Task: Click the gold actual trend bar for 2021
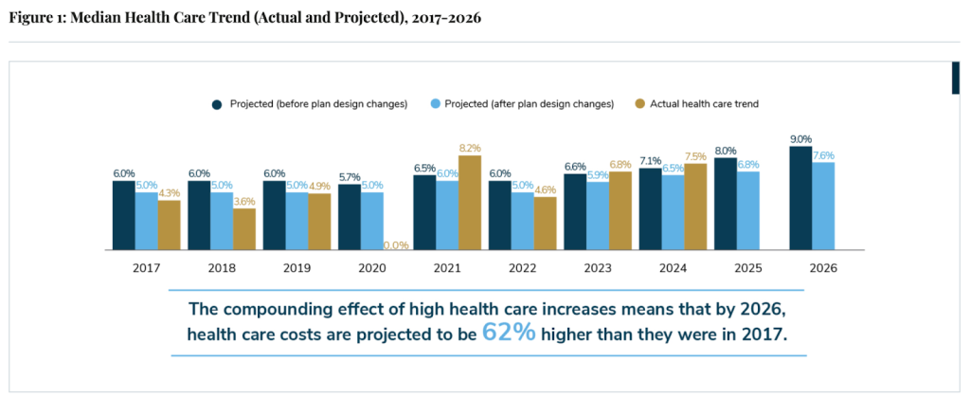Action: click(x=470, y=203)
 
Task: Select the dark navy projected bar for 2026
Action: click(x=800, y=198)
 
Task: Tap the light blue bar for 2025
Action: click(x=748, y=210)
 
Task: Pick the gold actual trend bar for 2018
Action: click(x=244, y=228)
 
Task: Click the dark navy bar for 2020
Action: click(x=350, y=217)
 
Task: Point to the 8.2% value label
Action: click(x=470, y=148)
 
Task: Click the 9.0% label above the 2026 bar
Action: click(x=800, y=138)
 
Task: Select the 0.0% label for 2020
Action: click(x=395, y=245)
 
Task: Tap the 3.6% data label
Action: click(x=244, y=201)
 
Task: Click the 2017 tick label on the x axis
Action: click(x=146, y=267)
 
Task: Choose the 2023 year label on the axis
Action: click(x=598, y=267)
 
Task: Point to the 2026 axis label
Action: click(x=823, y=267)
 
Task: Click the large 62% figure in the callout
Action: click(x=509, y=333)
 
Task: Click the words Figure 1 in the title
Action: click(x=36, y=18)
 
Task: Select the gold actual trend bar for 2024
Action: click(x=695, y=207)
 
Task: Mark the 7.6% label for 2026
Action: click(x=823, y=155)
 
